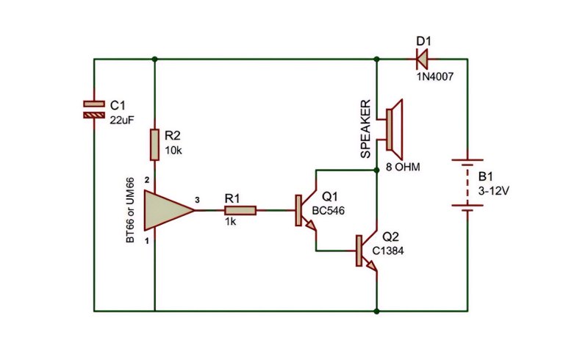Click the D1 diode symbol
[x=422, y=60]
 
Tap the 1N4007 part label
[x=435, y=77]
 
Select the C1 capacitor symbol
[x=94, y=109]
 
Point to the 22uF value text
[x=122, y=120]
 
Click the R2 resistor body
[x=154, y=145]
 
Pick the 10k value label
[x=173, y=151]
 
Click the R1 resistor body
[x=240, y=210]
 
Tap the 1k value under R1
[x=230, y=222]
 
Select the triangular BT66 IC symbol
[x=169, y=210]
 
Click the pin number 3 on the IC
[x=197, y=201]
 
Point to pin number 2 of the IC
[x=147, y=181]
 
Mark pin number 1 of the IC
[x=147, y=241]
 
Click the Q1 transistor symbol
[x=306, y=210]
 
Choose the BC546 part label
[x=328, y=211]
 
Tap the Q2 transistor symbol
[x=366, y=251]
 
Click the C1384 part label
[x=388, y=251]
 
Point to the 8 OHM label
[x=403, y=168]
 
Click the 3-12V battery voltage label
[x=493, y=191]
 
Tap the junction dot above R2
[x=154, y=60]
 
